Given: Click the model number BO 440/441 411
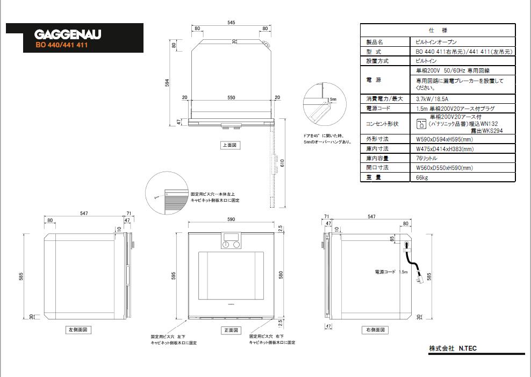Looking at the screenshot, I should click(x=62, y=45).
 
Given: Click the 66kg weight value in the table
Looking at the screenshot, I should click(x=422, y=177).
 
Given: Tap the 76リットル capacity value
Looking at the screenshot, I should click(x=427, y=158).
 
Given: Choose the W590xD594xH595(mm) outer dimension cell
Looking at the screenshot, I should click(x=444, y=139).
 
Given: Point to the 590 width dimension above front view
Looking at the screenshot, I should click(x=232, y=220).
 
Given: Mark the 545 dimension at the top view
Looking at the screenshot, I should click(x=232, y=23).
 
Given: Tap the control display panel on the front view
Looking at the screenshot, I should click(x=232, y=237).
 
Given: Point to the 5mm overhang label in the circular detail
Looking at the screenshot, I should click(x=333, y=99).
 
